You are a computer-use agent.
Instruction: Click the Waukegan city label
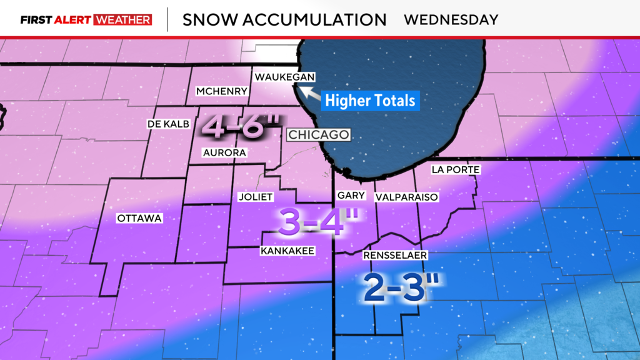[284, 77]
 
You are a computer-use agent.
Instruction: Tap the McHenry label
[222, 92]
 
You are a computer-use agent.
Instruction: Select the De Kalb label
[167, 124]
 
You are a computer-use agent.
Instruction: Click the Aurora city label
[224, 152]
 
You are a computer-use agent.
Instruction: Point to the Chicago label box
[318, 135]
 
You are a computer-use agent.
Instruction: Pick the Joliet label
[256, 197]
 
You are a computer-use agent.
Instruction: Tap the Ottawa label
[139, 218]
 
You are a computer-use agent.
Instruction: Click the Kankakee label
[287, 251]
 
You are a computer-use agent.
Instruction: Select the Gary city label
[351, 196]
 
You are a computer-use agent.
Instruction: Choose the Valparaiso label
[406, 197]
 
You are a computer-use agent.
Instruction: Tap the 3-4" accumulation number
[311, 222]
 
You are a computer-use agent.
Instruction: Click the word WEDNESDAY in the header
[451, 19]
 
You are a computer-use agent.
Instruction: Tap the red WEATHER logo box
[122, 19]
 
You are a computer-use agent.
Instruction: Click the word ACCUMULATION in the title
[314, 19]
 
